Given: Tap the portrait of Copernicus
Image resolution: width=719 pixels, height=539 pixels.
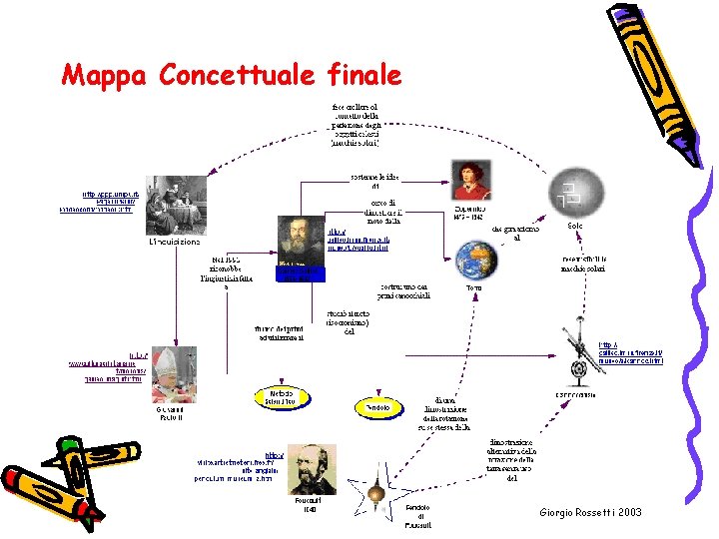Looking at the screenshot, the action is (469, 180).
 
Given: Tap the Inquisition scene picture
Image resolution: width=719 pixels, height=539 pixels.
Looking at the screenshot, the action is (175, 205).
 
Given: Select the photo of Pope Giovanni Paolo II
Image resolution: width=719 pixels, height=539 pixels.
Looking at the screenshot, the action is (173, 373).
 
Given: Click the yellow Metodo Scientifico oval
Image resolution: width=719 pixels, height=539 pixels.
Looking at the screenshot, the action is (282, 397).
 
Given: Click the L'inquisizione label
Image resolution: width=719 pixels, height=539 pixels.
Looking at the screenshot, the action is (174, 242).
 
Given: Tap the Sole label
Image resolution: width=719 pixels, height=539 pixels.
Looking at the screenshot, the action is (574, 227).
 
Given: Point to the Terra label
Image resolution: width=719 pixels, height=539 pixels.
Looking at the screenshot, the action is (474, 287).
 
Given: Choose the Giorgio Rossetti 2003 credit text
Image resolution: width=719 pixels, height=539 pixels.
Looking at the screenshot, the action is (590, 512).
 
